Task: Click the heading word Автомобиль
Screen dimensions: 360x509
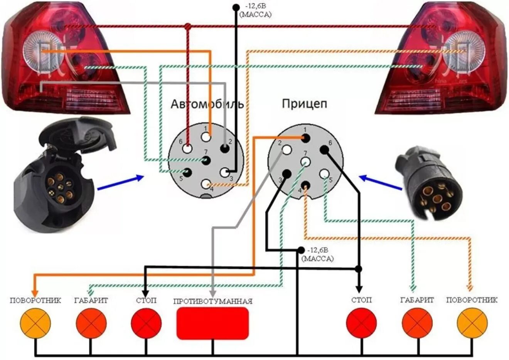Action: coord(207,104)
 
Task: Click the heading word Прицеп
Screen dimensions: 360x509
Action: coord(304,104)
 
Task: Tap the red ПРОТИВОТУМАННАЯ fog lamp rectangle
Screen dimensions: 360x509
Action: coord(212,323)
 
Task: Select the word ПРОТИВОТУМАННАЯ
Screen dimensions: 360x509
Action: coord(213,301)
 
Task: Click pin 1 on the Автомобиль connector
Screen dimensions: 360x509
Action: coord(206,137)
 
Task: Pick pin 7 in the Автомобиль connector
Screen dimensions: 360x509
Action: coord(206,160)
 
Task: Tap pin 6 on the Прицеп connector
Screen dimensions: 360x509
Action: coord(324,150)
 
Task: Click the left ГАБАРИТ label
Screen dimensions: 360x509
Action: coord(91,300)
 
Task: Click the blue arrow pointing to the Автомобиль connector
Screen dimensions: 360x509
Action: coord(120,183)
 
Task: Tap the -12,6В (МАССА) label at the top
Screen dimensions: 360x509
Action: coord(255,10)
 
